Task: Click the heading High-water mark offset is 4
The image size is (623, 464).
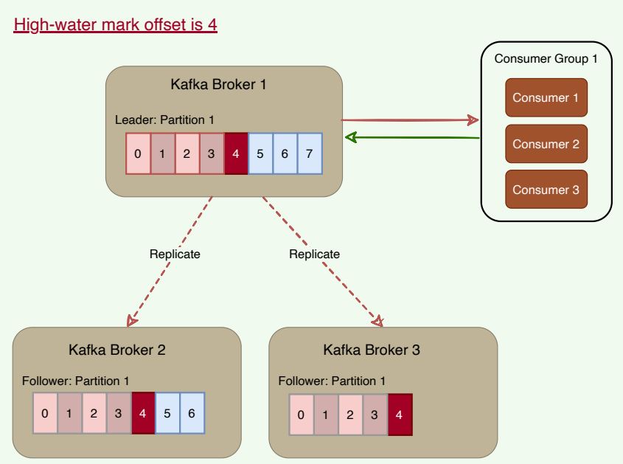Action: (x=116, y=26)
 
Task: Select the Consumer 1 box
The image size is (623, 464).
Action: (x=546, y=97)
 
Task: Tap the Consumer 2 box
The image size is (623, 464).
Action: (x=546, y=144)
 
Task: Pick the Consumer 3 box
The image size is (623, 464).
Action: (x=546, y=190)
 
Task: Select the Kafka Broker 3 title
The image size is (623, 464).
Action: (x=372, y=350)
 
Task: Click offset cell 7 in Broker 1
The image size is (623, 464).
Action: (x=310, y=154)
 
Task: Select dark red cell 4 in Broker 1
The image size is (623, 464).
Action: (x=236, y=154)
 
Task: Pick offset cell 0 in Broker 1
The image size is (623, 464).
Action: (x=138, y=154)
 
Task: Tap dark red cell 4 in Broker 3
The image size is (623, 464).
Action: (x=399, y=414)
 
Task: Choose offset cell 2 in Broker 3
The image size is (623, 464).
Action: (x=350, y=414)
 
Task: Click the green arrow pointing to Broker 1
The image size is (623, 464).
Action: (x=413, y=137)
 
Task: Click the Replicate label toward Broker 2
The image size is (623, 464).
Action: (x=175, y=254)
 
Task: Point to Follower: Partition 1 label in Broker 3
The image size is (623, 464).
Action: (x=333, y=381)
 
